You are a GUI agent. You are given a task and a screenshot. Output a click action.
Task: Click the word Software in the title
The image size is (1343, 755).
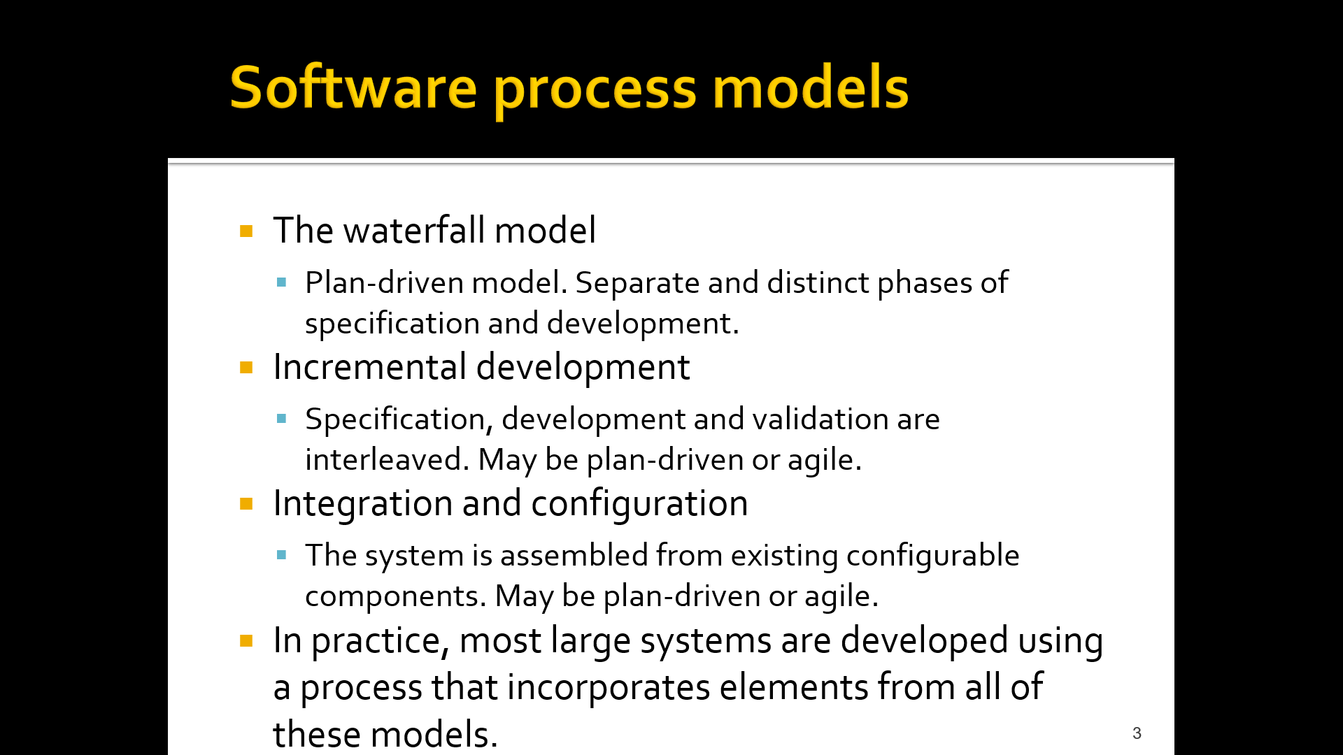353,89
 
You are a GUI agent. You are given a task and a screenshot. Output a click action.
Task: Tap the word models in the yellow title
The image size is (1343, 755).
810,89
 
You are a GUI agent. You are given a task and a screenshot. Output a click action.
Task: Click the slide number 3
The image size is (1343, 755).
1137,733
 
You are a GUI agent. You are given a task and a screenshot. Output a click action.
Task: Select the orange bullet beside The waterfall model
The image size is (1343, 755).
246,231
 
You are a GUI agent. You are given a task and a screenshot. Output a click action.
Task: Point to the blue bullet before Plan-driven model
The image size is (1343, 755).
282,283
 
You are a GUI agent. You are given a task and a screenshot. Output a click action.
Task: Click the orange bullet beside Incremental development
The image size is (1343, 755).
246,368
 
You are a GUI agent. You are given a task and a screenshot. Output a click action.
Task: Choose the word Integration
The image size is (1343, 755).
362,504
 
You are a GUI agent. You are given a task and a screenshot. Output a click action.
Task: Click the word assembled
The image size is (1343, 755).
574,556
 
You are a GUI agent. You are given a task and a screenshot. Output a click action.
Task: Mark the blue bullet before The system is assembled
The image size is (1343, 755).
282,556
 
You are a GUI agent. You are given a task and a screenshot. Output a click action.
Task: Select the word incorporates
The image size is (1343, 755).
609,687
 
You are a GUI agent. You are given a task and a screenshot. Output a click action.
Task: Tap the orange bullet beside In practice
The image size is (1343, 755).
246,641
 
